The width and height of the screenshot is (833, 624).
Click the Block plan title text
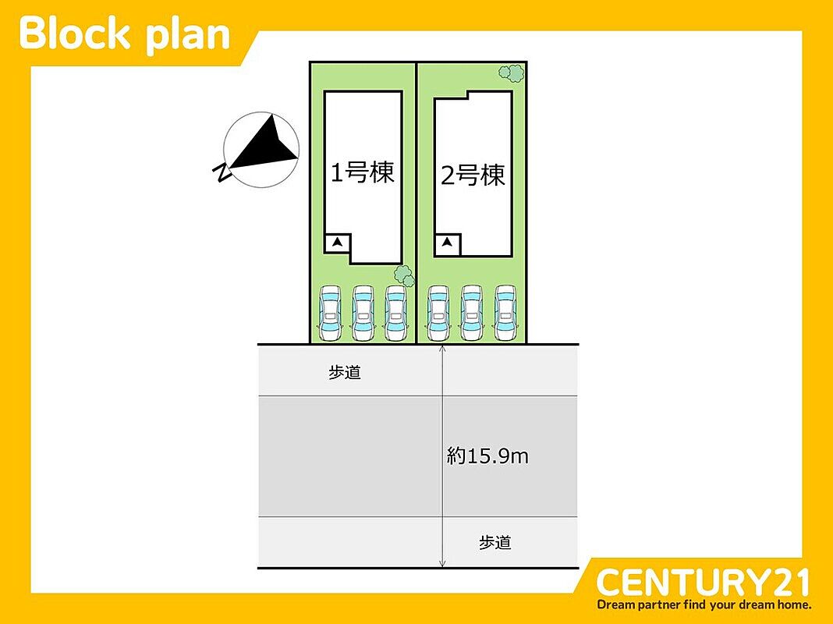coord(124,34)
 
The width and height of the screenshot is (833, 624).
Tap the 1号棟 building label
coord(363,172)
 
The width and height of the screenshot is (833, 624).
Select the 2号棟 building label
coord(473,175)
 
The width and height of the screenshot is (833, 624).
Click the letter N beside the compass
coord(222,172)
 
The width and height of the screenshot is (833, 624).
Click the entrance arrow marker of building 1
coord(337,243)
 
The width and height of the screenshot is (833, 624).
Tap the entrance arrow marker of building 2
coord(448,243)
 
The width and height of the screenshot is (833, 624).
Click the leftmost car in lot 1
coord(330,314)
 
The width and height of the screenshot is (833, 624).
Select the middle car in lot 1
coord(363,314)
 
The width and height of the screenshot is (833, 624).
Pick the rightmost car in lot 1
coord(395,314)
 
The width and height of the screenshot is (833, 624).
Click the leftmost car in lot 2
coord(438,314)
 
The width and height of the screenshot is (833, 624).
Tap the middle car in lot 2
coord(472,314)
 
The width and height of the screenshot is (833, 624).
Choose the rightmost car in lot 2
coord(505,314)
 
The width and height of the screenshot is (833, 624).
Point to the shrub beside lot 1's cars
coord(404,275)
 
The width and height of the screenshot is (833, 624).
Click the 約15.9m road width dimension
coord(487,456)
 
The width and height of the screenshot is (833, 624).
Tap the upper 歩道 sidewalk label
coord(345,372)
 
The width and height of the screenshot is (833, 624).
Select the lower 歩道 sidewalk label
coord(495,542)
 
